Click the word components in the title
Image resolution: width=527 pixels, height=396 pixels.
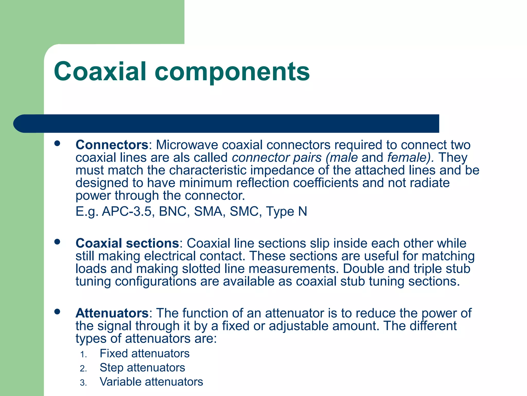(x=232, y=72)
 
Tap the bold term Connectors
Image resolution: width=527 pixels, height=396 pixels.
(x=112, y=145)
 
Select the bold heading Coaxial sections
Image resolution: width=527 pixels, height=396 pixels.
(x=127, y=243)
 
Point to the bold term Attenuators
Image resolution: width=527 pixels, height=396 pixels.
(x=112, y=313)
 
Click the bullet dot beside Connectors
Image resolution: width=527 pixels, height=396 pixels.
(x=57, y=143)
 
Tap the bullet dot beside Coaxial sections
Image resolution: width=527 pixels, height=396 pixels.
(x=57, y=242)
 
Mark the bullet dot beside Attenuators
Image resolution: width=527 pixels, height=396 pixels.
(x=57, y=312)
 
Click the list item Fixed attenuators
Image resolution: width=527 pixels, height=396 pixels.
(x=144, y=353)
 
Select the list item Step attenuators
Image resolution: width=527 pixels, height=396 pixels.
(x=142, y=368)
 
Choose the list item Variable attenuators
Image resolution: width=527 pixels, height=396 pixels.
(x=151, y=382)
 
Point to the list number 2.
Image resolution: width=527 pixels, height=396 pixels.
(x=83, y=369)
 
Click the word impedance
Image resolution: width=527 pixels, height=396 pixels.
(x=282, y=170)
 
